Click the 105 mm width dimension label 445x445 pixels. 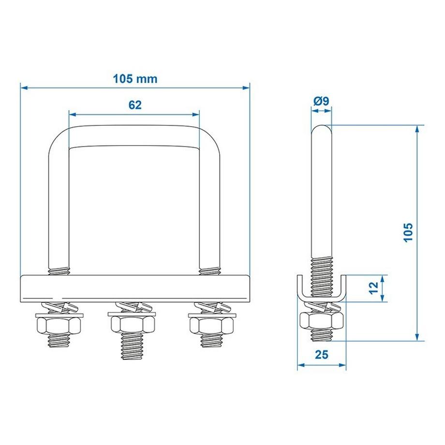click(x=135, y=78)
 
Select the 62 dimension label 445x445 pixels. click(x=135, y=105)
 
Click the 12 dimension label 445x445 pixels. click(x=372, y=288)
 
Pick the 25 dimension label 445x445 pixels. click(x=321, y=355)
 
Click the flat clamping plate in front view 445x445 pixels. click(x=135, y=289)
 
